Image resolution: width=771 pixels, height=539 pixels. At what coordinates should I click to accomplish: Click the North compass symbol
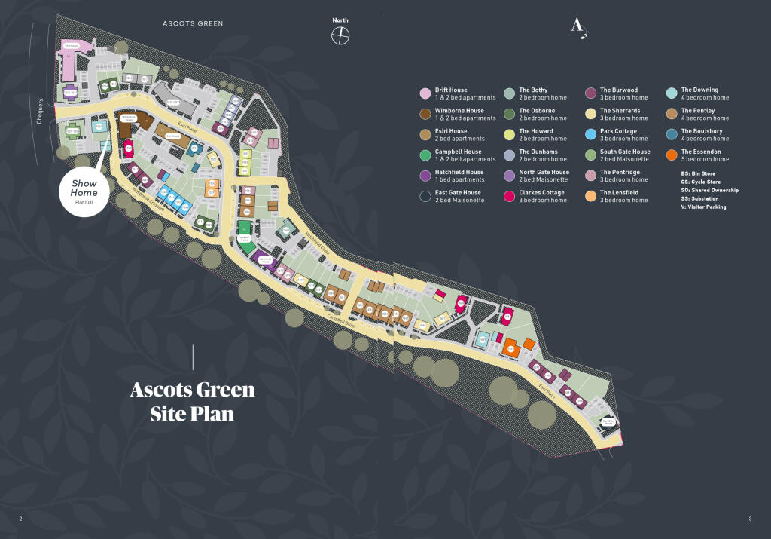tap(341, 35)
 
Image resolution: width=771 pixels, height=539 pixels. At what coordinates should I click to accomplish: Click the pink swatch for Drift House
tap(425, 93)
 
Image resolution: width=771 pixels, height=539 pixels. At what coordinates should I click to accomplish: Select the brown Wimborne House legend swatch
tap(425, 115)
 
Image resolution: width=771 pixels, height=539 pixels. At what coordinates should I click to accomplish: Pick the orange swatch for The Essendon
tap(671, 155)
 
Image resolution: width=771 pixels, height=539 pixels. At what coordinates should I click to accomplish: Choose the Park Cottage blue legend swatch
tap(590, 135)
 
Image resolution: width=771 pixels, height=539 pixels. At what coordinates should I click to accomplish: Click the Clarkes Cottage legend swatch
tap(509, 197)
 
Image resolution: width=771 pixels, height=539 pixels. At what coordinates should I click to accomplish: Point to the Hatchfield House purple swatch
tap(425, 176)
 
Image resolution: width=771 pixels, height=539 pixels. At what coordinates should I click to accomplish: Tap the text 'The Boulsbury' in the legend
tap(701, 131)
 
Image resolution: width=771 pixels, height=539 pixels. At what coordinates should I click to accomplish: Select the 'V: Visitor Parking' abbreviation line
tap(703, 207)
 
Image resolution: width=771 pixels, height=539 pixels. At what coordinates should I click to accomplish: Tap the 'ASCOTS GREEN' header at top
tap(193, 23)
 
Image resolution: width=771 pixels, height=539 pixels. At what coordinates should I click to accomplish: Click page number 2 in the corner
tap(20, 518)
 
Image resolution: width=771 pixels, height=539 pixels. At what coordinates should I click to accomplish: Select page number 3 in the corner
tap(750, 518)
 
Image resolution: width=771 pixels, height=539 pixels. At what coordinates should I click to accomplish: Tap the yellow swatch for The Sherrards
tap(590, 115)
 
